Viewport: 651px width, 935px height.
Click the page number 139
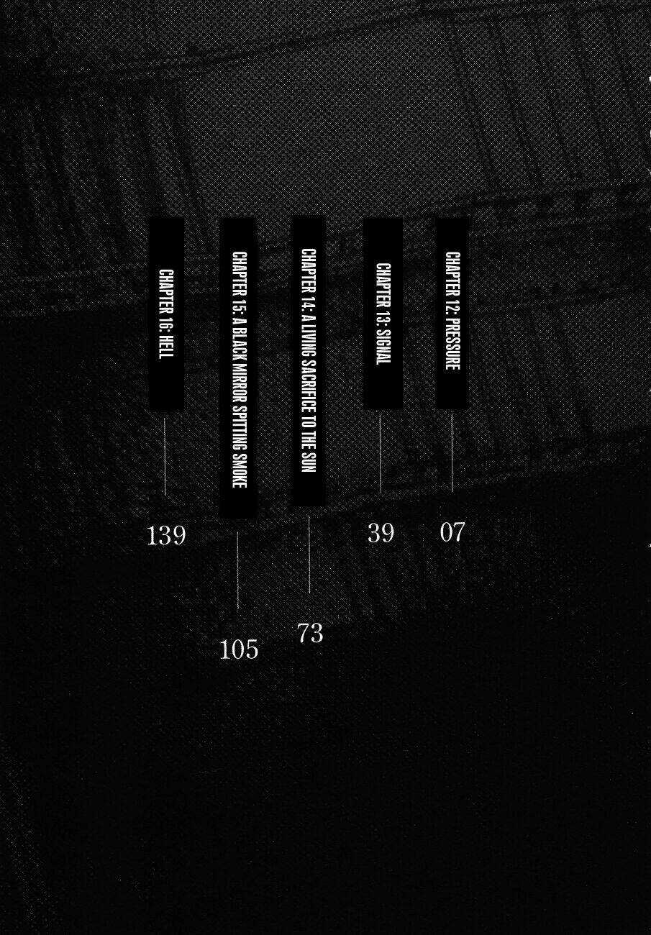click(166, 536)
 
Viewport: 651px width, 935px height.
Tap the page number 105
click(239, 650)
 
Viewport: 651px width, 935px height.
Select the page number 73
click(311, 633)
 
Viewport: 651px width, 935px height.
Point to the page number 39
click(381, 534)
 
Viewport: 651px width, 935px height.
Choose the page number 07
click(452, 533)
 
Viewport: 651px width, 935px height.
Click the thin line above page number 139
click(165, 456)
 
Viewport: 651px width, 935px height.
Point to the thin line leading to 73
click(309, 555)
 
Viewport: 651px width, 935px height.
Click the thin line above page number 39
click(380, 454)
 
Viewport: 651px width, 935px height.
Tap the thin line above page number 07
click(452, 452)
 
